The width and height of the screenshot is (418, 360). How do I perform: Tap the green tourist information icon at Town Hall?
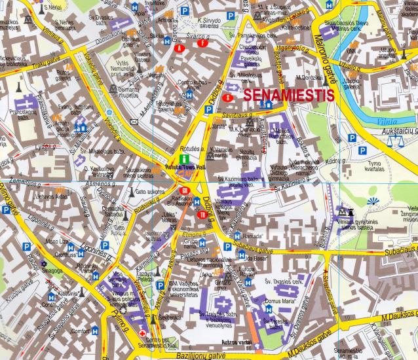point(185,158)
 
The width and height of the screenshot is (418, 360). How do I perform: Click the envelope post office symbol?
point(134,122)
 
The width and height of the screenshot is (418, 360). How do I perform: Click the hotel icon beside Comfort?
point(94,332)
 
